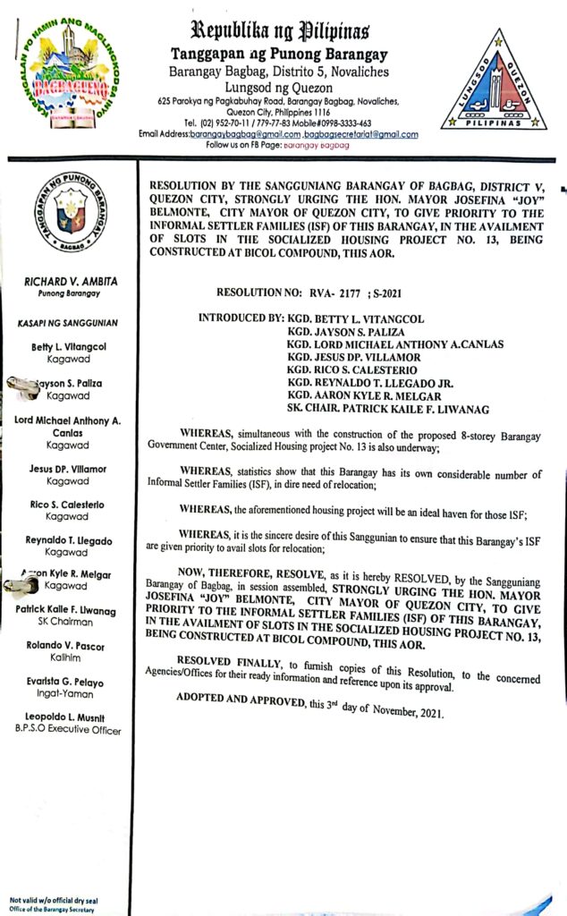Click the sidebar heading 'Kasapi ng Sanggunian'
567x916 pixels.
pyautogui.click(x=69, y=322)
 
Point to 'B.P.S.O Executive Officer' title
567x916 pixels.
pyautogui.click(x=67, y=730)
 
